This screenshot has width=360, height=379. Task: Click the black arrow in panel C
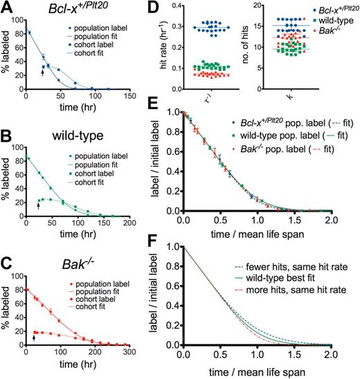tap(34, 338)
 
